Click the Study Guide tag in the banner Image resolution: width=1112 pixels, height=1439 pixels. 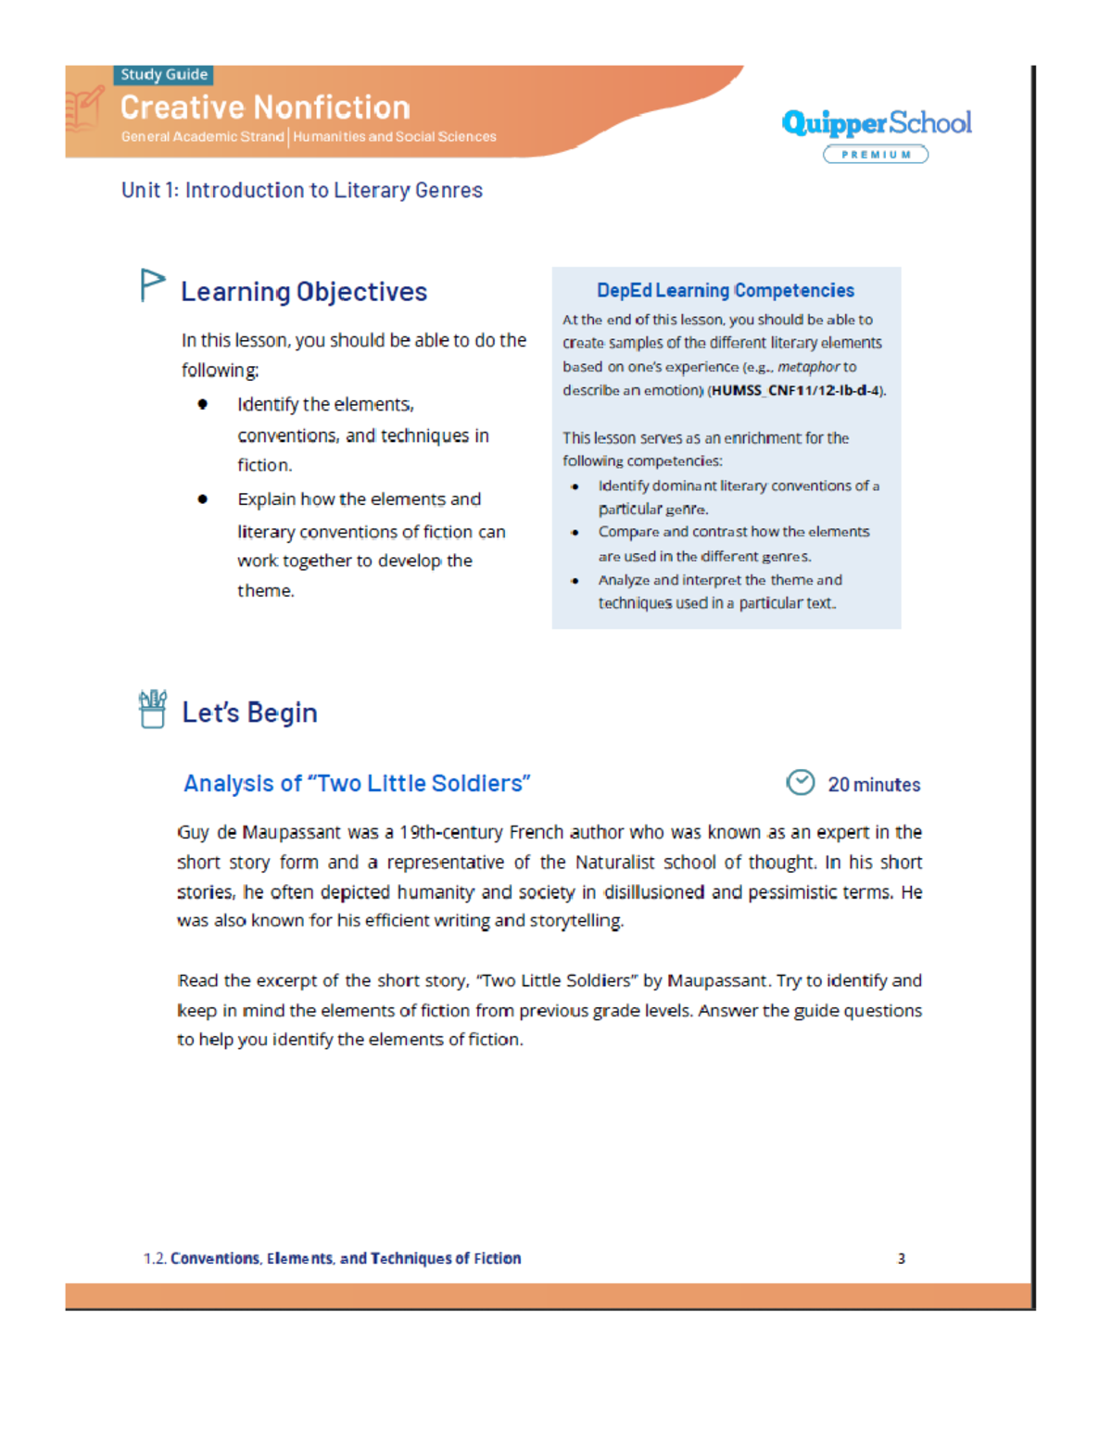[164, 75]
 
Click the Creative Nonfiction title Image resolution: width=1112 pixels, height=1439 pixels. [265, 107]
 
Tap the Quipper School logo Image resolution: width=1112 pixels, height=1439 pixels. [876, 123]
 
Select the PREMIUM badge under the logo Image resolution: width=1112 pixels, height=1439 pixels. [876, 155]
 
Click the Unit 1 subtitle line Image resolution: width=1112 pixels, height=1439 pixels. [301, 190]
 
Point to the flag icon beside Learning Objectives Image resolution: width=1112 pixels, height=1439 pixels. [152, 285]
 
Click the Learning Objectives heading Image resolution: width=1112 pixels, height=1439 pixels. [304, 292]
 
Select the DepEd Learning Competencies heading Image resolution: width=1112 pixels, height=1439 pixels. [726, 291]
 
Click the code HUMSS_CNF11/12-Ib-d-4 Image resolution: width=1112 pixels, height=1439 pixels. [796, 391]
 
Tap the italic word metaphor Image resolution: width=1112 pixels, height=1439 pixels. [808, 367]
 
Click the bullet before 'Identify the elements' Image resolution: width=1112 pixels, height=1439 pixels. [202, 404]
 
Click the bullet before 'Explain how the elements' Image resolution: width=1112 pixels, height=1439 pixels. [202, 499]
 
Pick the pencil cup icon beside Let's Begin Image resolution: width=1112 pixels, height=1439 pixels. [153, 710]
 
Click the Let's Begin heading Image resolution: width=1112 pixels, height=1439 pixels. [249, 713]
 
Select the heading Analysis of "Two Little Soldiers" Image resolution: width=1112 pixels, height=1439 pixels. [357, 784]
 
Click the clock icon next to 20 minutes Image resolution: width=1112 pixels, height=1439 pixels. [801, 783]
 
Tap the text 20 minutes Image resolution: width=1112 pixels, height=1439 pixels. [874, 785]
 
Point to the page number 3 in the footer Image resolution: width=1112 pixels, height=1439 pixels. [901, 1258]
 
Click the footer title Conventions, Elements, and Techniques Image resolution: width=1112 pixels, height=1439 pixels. [346, 1258]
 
